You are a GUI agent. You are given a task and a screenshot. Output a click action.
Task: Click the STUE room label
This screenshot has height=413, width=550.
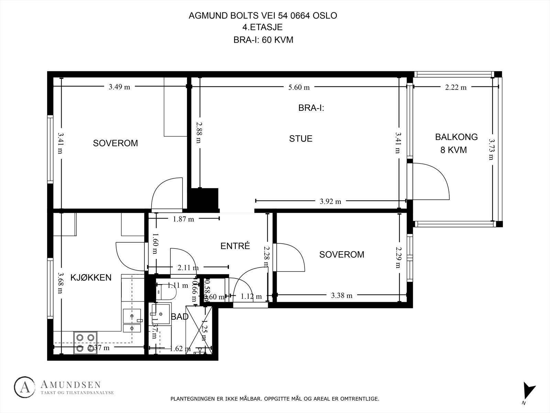coord(300,139)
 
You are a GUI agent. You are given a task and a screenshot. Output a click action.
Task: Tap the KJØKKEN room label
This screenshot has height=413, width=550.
coord(91,277)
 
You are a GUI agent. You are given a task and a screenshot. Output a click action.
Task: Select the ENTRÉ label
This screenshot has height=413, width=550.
coord(235,246)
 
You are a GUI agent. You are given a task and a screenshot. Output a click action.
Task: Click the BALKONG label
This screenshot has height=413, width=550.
coord(456,137)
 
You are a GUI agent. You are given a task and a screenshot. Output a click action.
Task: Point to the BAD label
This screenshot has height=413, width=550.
coord(180,317)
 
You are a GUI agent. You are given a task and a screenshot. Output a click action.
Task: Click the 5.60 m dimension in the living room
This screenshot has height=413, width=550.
coord(299,87)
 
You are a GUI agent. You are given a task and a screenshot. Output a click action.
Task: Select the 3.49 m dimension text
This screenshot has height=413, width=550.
coord(119,87)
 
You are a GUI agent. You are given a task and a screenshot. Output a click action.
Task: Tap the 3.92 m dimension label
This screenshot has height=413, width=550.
coord(330,202)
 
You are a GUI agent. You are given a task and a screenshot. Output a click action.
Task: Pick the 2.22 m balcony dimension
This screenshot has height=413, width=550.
coord(456,87)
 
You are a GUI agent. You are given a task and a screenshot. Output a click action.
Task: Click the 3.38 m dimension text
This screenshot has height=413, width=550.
coord(342,295)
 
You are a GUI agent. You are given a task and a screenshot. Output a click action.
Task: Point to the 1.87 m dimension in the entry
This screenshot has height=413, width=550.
coord(184,219)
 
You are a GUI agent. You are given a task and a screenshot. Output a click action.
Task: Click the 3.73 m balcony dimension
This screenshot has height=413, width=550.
coord(491,149)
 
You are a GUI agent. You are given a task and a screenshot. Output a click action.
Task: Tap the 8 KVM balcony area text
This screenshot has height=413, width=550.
coord(453,150)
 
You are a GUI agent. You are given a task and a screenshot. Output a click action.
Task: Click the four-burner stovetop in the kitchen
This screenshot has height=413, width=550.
coord(86,343)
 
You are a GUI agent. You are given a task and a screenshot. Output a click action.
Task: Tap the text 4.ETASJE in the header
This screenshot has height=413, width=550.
coord(262,28)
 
